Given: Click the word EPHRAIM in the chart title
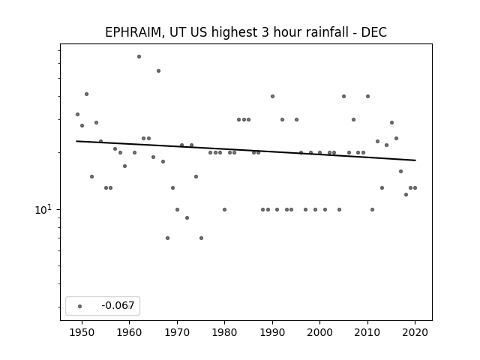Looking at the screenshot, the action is click(x=133, y=32).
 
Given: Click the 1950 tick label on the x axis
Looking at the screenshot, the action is click(x=82, y=332).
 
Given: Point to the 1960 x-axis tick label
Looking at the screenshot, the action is click(x=129, y=332).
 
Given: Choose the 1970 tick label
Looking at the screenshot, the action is click(x=177, y=332).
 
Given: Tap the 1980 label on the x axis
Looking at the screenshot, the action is click(x=224, y=332).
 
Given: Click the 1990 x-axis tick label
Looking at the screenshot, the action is click(x=272, y=332).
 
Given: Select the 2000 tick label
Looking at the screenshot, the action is click(x=319, y=332).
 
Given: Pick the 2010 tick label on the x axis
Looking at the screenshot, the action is click(x=367, y=332).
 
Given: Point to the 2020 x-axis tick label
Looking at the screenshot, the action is click(x=415, y=332).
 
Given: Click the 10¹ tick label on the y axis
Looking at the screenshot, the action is click(x=43, y=210).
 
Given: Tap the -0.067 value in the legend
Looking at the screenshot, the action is click(x=118, y=305).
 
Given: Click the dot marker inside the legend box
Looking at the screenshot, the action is click(x=80, y=306).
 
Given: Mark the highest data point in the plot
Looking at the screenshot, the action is click(x=139, y=57).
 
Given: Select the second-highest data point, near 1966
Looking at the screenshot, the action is click(x=158, y=71).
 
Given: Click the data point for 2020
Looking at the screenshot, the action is click(x=415, y=188).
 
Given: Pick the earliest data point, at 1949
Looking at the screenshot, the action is click(x=77, y=115).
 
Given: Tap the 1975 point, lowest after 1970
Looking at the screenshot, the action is click(x=201, y=238).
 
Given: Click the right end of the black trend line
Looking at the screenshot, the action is click(x=415, y=160).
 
